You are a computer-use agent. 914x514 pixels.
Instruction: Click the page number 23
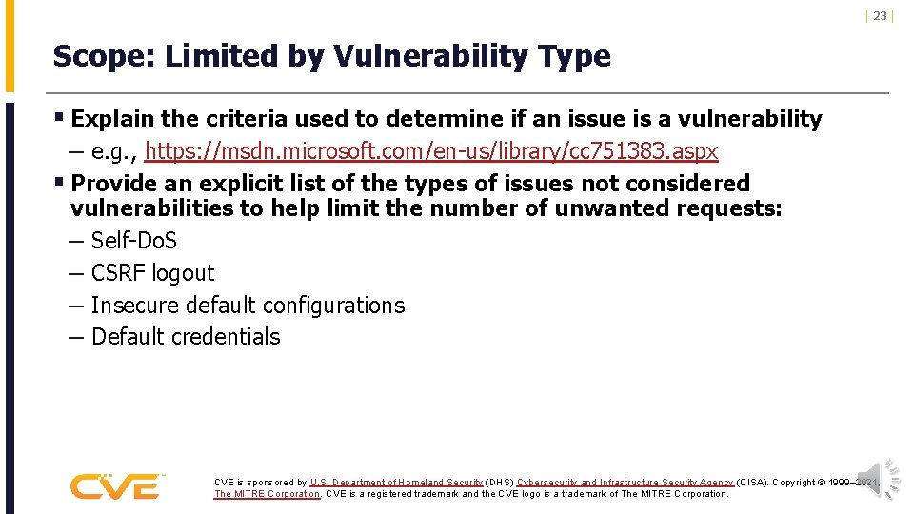(x=880, y=16)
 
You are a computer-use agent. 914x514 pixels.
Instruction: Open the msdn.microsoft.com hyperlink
(x=432, y=151)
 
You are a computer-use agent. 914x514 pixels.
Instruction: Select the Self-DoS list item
(x=133, y=241)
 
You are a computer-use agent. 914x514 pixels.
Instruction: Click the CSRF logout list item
(x=152, y=273)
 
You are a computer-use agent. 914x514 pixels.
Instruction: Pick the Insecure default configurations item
(x=248, y=306)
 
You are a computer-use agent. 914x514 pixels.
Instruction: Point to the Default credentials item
(x=186, y=337)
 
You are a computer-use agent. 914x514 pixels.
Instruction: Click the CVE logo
(x=115, y=486)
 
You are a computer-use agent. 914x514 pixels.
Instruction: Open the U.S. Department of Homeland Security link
(x=396, y=483)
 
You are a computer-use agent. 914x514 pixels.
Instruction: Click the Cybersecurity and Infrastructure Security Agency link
(x=626, y=483)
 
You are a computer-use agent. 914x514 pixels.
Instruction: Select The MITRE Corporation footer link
(x=268, y=494)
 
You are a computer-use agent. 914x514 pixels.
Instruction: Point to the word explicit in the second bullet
(x=243, y=184)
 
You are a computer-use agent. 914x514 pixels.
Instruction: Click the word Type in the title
(x=576, y=57)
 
